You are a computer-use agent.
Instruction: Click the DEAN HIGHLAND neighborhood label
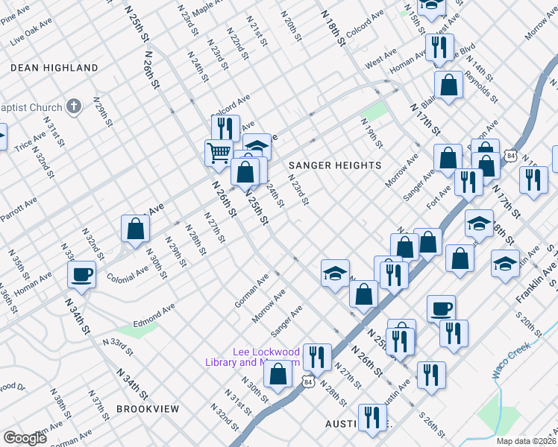pyautogui.click(x=54, y=68)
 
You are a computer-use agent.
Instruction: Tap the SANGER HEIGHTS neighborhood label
pyautogui.click(x=335, y=165)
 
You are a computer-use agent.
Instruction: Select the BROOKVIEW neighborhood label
pyautogui.click(x=148, y=409)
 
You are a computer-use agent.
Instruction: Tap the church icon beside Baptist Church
pyautogui.click(x=73, y=107)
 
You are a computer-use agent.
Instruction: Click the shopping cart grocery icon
pyautogui.click(x=219, y=153)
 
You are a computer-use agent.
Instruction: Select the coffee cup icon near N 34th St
pyautogui.click(x=81, y=274)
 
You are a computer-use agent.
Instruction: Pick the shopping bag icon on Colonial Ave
pyautogui.click(x=135, y=228)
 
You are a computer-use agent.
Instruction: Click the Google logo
pyautogui.click(x=25, y=438)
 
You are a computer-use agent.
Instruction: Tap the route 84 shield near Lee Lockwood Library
pyautogui.click(x=307, y=381)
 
